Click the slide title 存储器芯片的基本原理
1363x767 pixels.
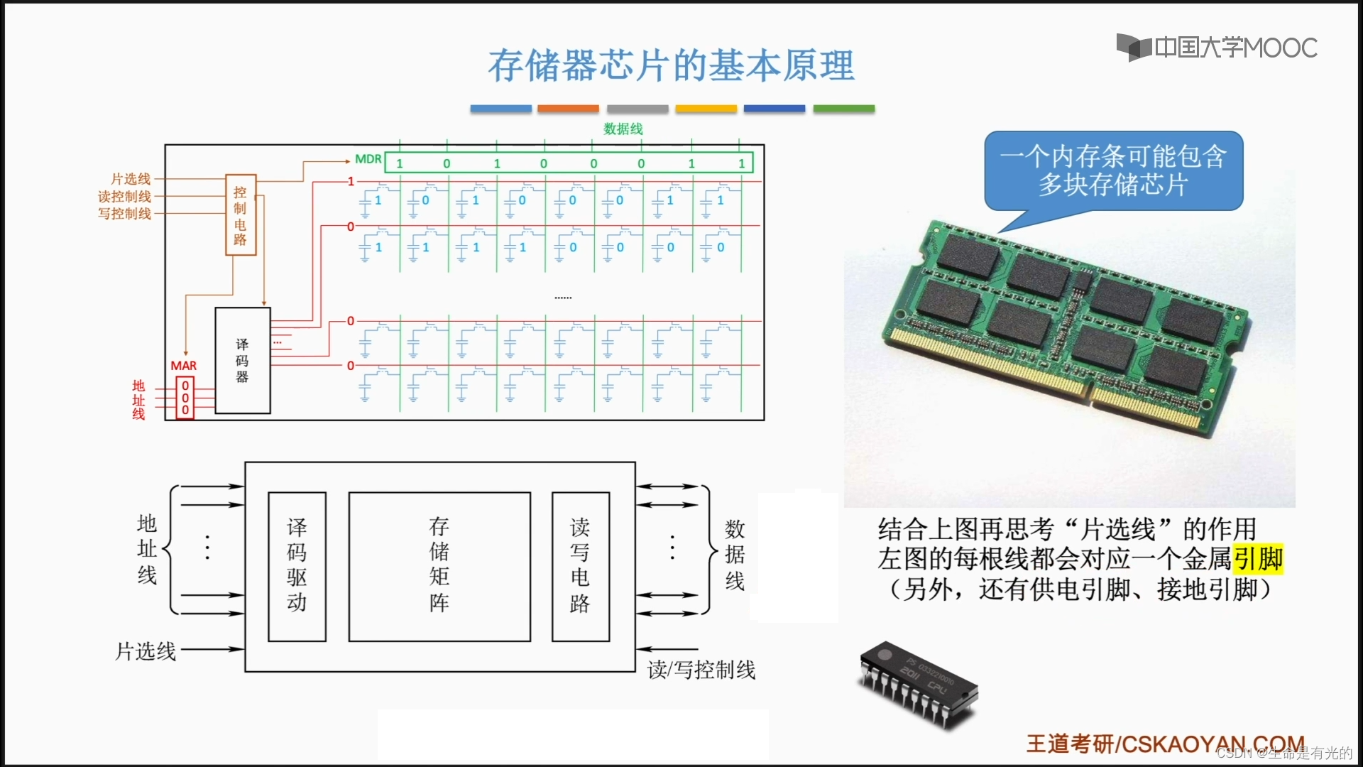671,65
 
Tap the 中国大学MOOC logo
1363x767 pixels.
1217,48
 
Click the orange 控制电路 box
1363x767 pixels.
241,215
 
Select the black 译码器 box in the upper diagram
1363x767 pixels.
243,360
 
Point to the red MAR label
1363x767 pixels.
183,366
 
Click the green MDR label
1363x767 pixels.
368,159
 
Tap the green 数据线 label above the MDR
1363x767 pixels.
623,129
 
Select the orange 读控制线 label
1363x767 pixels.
125,197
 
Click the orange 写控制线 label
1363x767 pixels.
125,214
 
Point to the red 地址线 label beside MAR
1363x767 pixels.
138,400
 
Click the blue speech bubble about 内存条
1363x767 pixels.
1113,171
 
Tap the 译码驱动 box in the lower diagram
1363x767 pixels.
297,566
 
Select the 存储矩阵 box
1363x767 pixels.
439,566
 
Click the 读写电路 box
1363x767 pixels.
580,566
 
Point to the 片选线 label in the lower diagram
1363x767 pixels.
146,651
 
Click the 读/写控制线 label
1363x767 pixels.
701,670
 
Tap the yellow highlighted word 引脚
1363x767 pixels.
1258,559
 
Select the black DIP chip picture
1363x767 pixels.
919,683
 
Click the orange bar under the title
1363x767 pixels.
568,109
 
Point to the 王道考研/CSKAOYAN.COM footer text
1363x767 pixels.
1165,744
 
